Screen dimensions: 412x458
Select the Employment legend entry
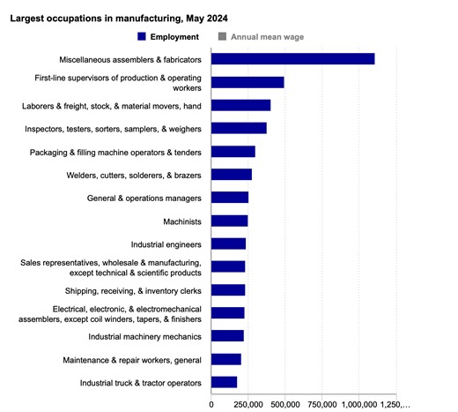click(x=167, y=36)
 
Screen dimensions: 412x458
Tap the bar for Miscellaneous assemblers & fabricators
click(x=293, y=59)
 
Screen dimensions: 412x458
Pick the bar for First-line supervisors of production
click(x=247, y=82)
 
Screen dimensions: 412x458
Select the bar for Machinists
click(x=230, y=221)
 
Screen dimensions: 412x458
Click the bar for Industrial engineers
click(x=229, y=243)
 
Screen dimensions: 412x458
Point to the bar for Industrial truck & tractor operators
click(x=225, y=382)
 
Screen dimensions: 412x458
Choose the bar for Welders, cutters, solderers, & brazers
click(x=232, y=175)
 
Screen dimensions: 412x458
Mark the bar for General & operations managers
click(x=230, y=198)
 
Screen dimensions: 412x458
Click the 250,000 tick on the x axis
click(x=249, y=403)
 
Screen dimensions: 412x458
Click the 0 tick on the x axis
click(x=211, y=403)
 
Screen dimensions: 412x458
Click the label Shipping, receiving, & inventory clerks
click(x=133, y=290)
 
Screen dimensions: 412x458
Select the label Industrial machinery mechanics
click(x=144, y=336)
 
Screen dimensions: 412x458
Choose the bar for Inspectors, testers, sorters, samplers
click(x=239, y=128)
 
